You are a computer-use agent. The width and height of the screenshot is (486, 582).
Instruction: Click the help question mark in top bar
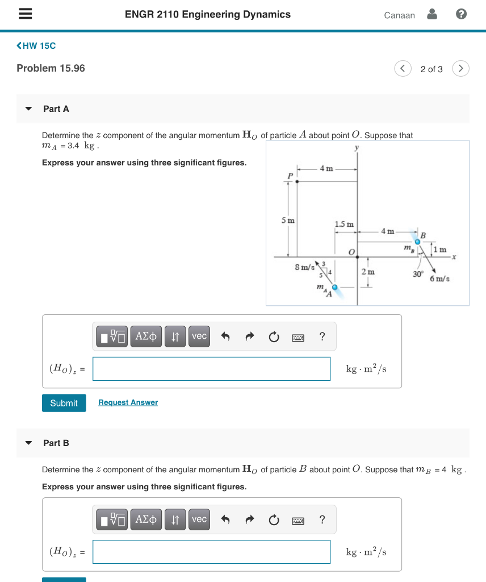(x=461, y=15)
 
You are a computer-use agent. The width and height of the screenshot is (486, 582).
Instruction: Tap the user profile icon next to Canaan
(x=432, y=15)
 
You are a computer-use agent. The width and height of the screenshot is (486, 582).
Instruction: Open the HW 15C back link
(x=36, y=45)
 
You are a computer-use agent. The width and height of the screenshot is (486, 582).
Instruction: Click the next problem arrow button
(x=461, y=69)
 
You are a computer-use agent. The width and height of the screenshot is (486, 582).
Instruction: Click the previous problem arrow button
(x=403, y=69)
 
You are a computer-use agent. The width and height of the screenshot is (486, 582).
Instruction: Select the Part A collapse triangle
(x=29, y=109)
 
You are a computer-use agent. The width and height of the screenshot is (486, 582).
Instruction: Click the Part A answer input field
(x=211, y=369)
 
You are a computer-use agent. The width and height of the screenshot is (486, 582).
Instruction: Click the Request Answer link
(x=128, y=402)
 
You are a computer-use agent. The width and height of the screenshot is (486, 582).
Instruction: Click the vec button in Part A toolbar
(x=199, y=336)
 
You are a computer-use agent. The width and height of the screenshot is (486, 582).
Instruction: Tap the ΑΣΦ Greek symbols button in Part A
(x=146, y=336)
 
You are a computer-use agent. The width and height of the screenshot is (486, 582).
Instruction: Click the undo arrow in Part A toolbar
(x=225, y=336)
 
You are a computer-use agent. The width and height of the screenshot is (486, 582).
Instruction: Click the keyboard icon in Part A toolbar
(x=298, y=337)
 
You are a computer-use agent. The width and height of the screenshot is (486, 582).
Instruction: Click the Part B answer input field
(x=211, y=552)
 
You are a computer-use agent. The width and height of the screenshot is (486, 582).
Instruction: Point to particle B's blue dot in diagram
(x=417, y=242)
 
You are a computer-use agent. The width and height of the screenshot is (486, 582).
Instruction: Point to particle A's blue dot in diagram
(x=335, y=288)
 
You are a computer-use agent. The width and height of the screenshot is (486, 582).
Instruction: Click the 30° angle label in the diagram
(x=418, y=274)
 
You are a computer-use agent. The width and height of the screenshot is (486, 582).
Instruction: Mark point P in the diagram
(x=296, y=181)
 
